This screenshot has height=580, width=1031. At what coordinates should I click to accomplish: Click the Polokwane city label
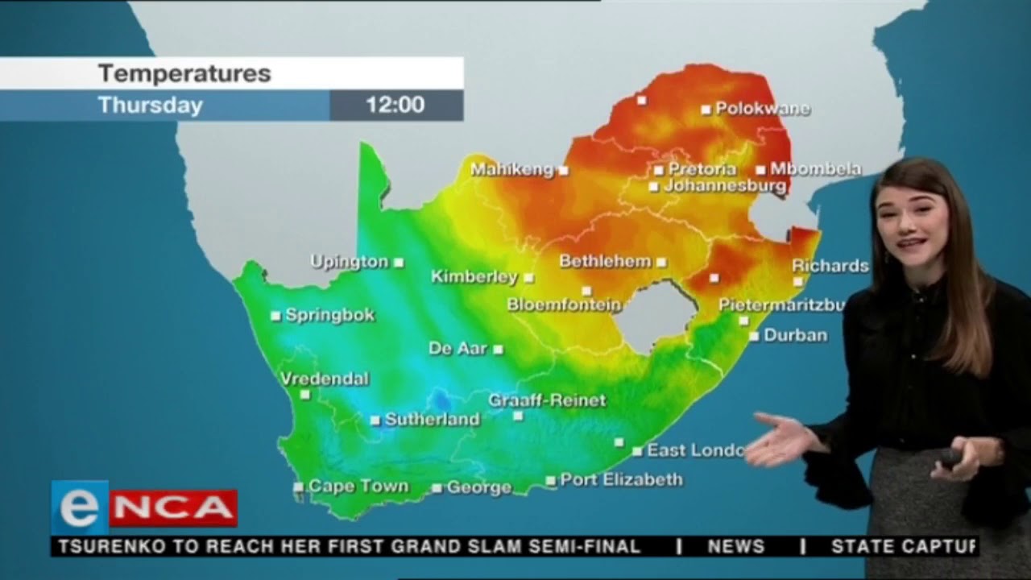click(x=762, y=109)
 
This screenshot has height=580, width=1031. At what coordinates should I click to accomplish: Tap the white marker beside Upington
click(x=399, y=263)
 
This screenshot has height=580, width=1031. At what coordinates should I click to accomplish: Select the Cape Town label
click(x=358, y=487)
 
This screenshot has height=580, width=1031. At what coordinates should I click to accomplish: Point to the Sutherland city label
click(x=432, y=420)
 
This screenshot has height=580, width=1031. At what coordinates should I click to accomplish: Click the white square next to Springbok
click(x=275, y=316)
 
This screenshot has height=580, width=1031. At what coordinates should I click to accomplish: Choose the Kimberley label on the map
click(x=474, y=277)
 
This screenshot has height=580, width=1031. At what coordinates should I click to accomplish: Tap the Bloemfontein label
click(x=564, y=305)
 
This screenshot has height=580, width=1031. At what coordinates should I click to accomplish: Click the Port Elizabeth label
click(x=621, y=480)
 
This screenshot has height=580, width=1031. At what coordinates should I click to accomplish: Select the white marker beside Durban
click(x=754, y=336)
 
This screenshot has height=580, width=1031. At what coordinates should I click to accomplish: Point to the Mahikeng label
click(x=512, y=170)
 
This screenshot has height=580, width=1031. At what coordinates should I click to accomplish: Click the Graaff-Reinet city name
click(x=547, y=400)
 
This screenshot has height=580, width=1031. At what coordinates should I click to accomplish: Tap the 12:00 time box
click(x=395, y=105)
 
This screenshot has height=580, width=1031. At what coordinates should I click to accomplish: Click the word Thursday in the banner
click(x=151, y=106)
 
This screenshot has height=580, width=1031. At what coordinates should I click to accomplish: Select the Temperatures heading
click(x=184, y=74)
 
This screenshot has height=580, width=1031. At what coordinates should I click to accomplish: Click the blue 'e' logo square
click(x=80, y=507)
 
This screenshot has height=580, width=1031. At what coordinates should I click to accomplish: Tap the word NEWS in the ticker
click(x=735, y=547)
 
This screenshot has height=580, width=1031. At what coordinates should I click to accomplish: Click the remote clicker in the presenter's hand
click(x=950, y=458)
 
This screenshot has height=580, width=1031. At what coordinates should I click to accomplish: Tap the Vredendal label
click(x=325, y=379)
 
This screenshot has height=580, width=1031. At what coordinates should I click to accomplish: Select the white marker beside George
click(x=437, y=488)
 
